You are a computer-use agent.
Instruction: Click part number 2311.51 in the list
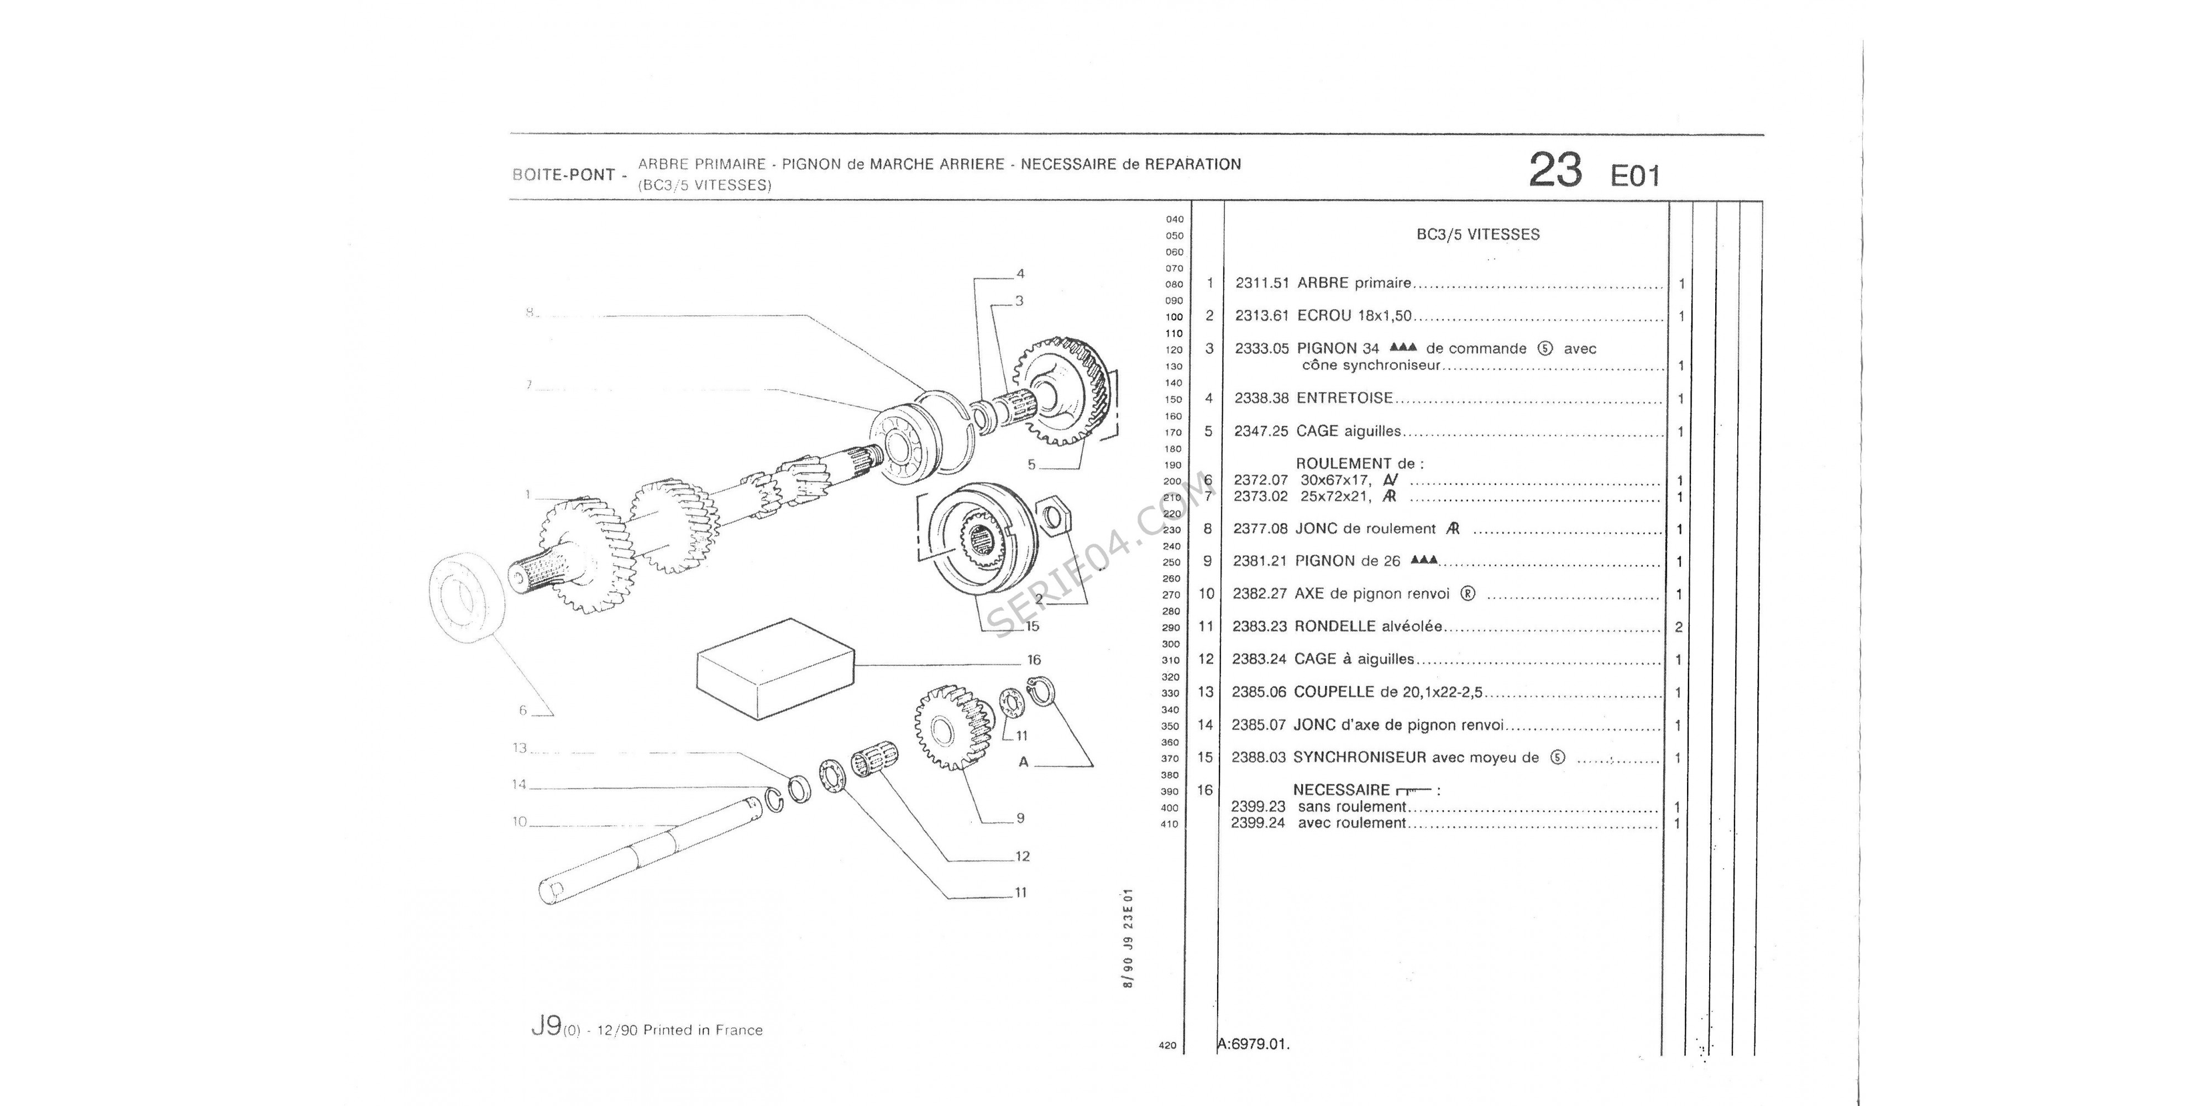pos(1262,283)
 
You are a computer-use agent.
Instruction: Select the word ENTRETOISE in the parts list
pos(1345,398)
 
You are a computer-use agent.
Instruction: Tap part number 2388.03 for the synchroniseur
pos(1258,758)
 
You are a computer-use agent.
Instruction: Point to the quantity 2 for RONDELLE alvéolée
pos(1679,628)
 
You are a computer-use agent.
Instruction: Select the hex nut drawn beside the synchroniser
pos(1052,517)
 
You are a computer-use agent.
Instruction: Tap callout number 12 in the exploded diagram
pos(1021,856)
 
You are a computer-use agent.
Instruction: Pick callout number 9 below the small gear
pos(1020,818)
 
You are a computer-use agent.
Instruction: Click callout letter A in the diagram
pos(1023,761)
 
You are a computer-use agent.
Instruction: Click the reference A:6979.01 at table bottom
pos(1254,1045)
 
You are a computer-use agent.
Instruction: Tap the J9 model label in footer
pos(547,1026)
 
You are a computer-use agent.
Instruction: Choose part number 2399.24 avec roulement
pos(1258,823)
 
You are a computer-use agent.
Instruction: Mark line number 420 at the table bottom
pos(1167,1046)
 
